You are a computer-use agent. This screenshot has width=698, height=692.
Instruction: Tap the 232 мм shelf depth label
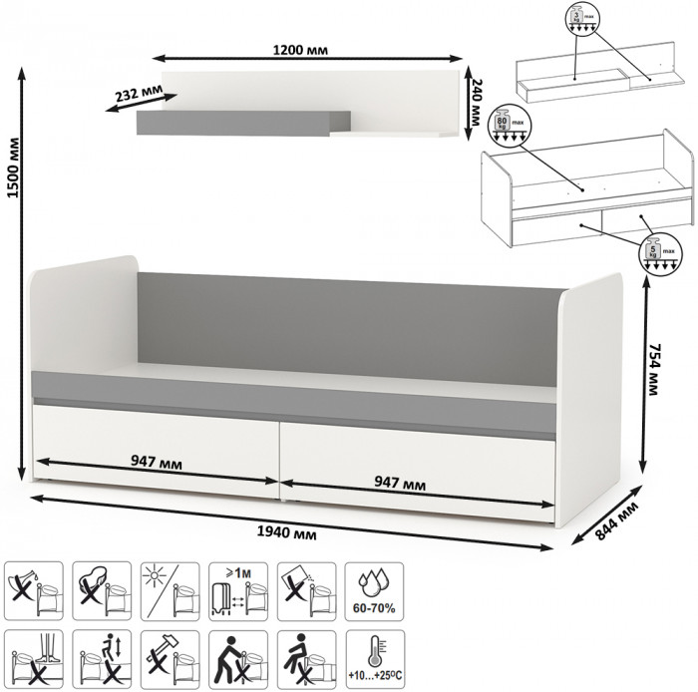click(141, 96)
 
